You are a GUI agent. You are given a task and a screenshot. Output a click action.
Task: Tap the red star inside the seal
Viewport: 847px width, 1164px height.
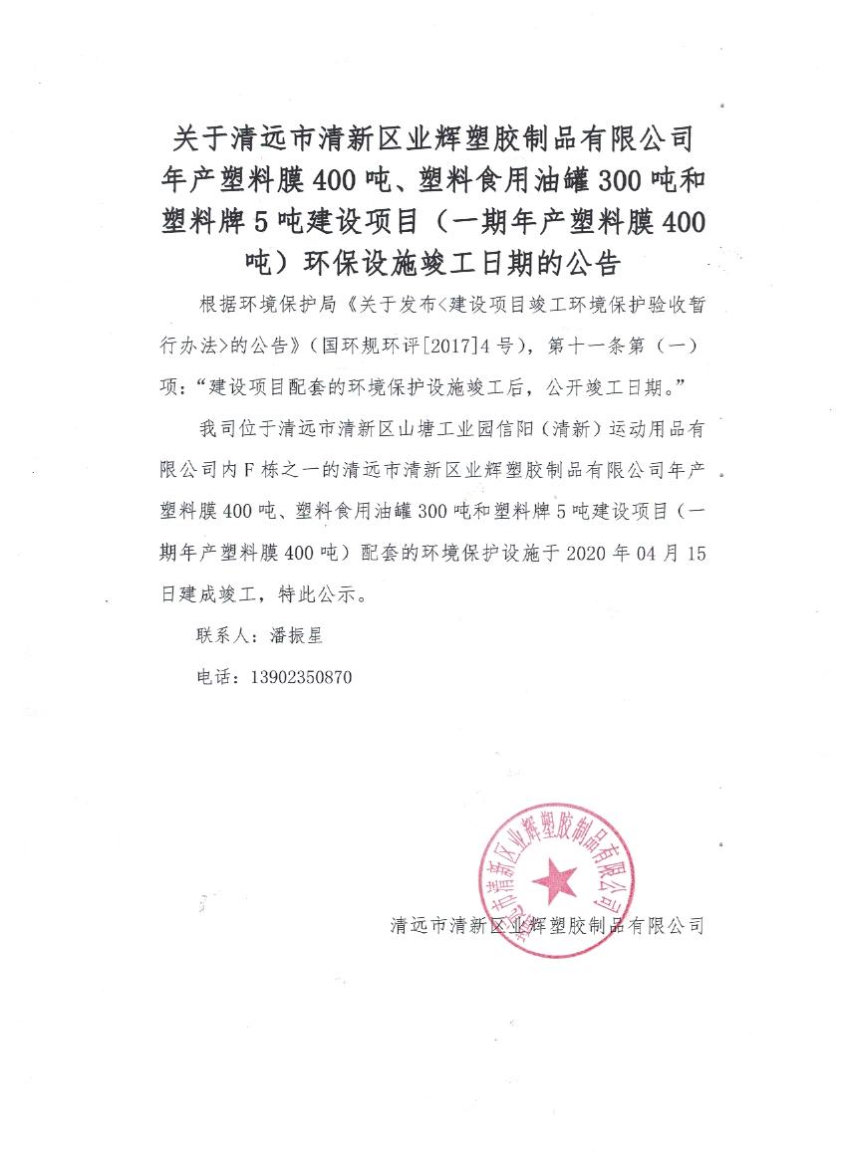coord(554,879)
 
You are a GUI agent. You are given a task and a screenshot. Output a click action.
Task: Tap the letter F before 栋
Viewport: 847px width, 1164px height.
coord(281,471)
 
